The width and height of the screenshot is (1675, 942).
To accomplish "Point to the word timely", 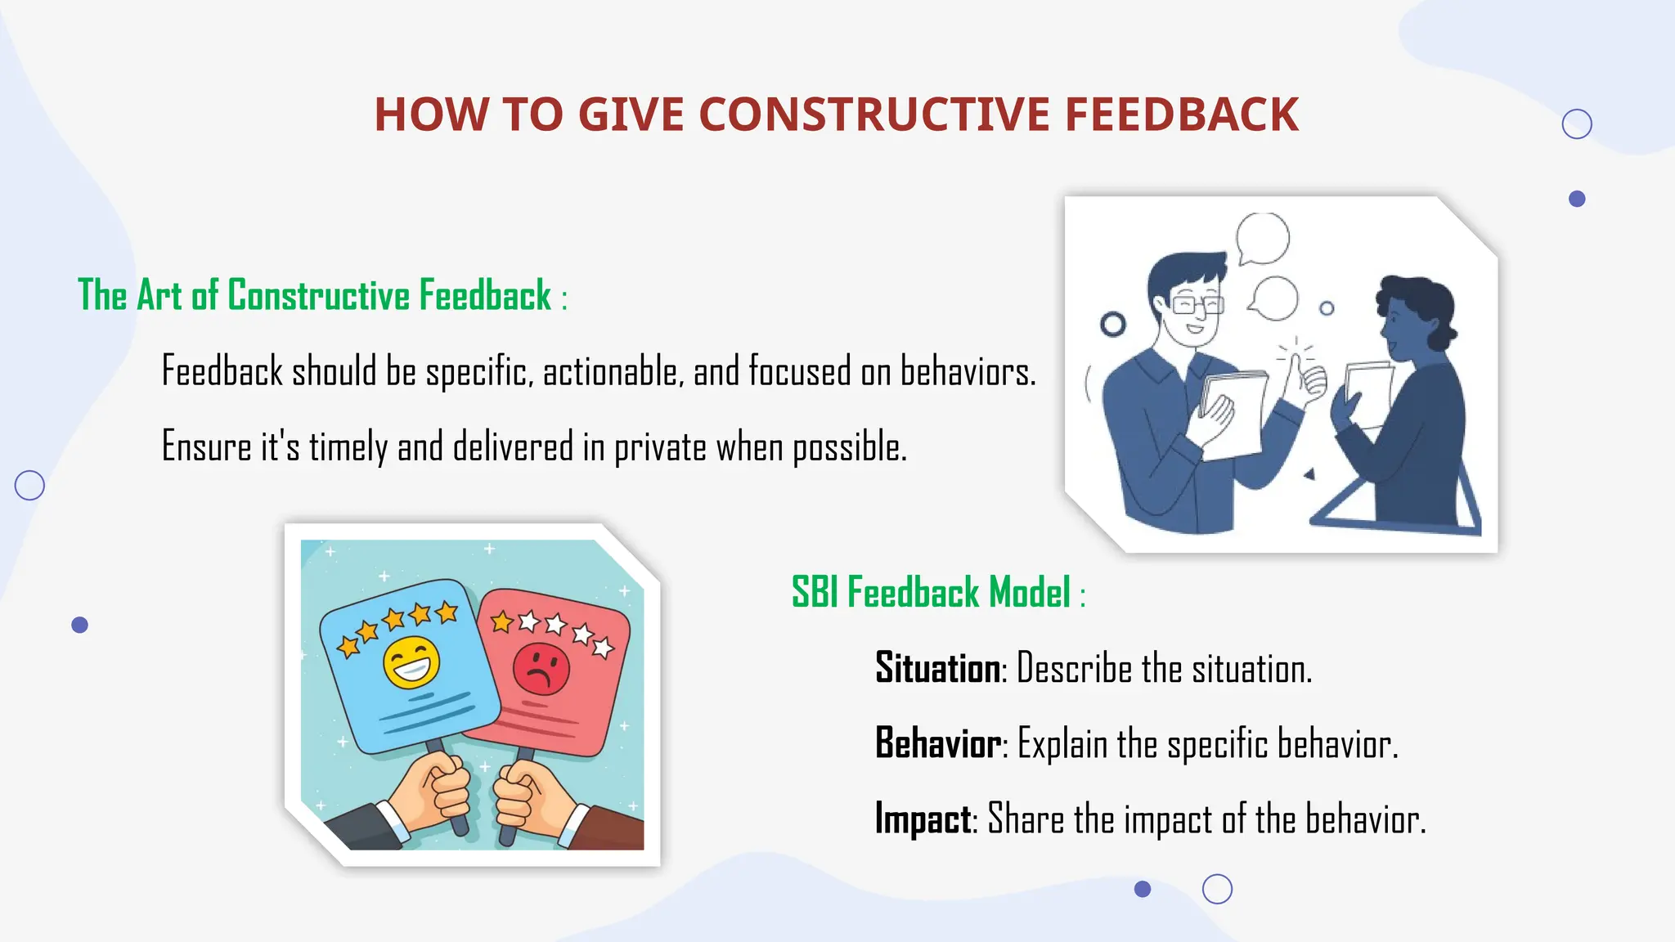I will point(348,448).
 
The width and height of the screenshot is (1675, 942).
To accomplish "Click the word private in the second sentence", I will point(659,448).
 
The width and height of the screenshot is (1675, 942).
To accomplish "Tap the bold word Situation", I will point(937,668).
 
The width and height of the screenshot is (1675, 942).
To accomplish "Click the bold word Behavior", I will point(938,743).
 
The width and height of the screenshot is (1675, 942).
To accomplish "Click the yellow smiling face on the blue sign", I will point(411,662).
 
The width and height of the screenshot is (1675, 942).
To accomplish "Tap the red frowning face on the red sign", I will point(541,668).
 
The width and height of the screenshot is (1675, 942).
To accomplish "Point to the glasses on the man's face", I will point(1197,306).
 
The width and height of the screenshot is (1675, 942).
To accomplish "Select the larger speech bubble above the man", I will point(1263,238).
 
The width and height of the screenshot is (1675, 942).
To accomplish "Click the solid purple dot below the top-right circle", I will point(1577,199).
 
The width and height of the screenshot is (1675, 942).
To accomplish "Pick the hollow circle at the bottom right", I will point(1217,889).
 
